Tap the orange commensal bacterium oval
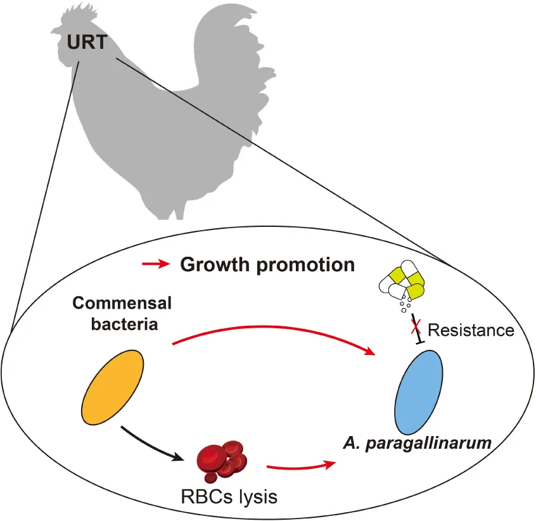[113, 388]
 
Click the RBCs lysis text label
[222, 496]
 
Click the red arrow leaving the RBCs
[301, 468]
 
